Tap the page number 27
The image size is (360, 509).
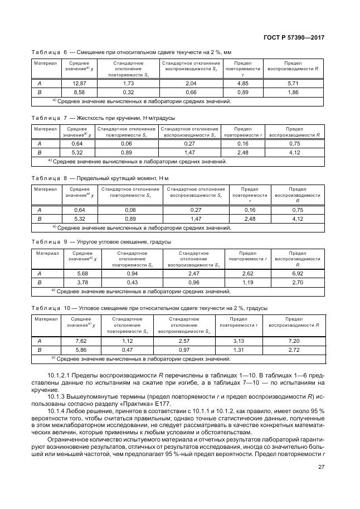click(x=321, y=468)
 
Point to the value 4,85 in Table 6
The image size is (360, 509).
click(x=242, y=83)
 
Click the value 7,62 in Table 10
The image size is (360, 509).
click(x=82, y=341)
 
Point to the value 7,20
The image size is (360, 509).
click(x=294, y=341)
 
